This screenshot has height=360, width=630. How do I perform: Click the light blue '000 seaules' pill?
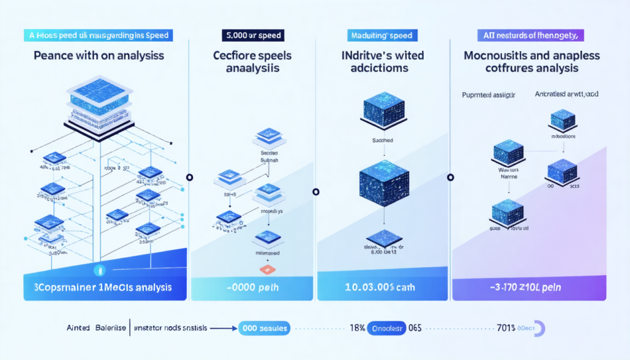tap(265, 329)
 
